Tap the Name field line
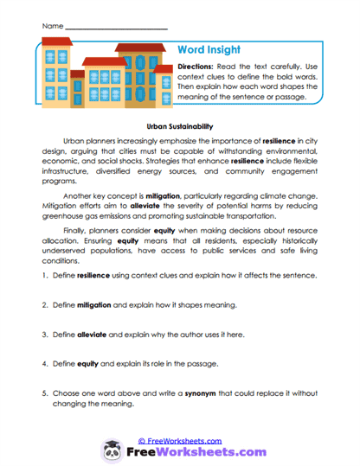pos(116,28)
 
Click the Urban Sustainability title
pos(180,125)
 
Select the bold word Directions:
pos(198,67)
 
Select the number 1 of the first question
pos(43,276)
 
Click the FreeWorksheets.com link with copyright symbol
pos(181,440)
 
